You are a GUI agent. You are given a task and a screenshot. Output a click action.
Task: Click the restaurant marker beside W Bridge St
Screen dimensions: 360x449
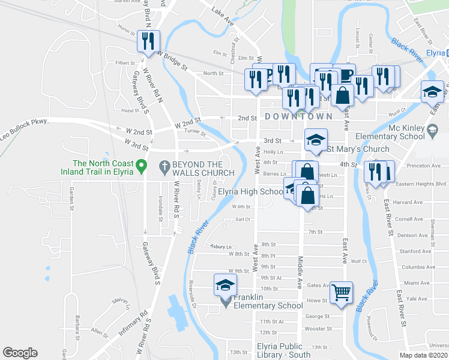pos(148,41)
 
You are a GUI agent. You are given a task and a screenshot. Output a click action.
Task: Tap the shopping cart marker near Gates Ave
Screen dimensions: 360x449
pos(341,293)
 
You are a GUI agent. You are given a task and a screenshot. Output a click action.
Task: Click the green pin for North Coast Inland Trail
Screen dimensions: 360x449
pos(142,164)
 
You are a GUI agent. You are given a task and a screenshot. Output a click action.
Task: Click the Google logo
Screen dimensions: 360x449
pos(20,353)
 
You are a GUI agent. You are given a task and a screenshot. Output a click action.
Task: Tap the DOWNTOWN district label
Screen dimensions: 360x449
pos(298,116)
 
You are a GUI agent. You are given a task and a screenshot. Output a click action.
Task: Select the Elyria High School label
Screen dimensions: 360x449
pos(250,192)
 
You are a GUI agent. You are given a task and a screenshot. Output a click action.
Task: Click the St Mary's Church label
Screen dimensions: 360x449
pos(357,149)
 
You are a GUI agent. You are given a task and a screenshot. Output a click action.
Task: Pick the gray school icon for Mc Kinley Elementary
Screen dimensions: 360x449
pos(432,128)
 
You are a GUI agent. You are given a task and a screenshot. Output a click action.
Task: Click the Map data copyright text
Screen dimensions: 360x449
pos(424,355)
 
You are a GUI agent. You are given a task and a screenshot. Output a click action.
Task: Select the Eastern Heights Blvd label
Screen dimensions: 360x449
pos(424,185)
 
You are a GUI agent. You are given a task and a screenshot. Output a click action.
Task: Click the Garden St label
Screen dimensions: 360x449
pos(71,199)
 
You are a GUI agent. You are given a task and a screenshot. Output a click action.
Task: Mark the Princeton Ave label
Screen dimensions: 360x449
pos(424,166)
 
